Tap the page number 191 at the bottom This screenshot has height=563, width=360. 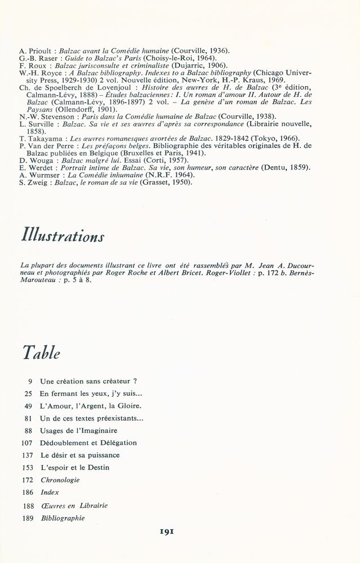pos(180,531)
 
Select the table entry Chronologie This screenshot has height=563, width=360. pos(60,480)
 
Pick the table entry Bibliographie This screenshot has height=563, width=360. pos(62,518)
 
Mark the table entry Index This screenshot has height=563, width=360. pos(50,493)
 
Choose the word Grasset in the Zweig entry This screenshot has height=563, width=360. pos(157,182)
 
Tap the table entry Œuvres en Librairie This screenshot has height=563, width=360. pos(74,506)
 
